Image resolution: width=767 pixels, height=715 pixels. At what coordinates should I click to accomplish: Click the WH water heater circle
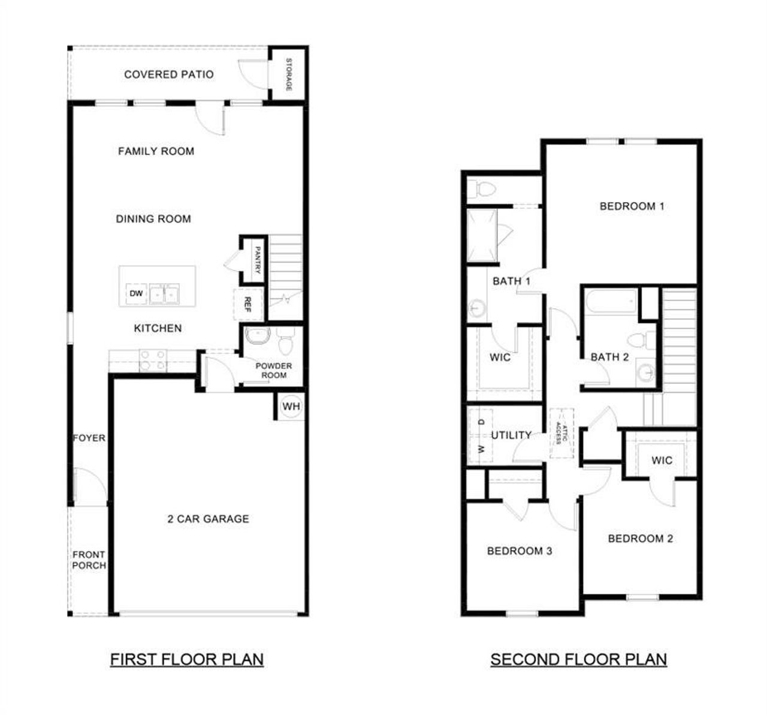point(291,407)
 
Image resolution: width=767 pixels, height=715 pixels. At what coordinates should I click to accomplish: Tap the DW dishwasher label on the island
point(136,293)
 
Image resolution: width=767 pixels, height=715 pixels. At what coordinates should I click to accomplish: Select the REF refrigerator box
point(247,304)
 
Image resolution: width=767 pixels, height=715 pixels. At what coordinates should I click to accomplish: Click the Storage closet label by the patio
point(288,74)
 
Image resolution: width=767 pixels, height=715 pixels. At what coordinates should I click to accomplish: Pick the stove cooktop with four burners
point(153,360)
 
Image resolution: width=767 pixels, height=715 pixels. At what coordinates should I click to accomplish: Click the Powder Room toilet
point(285,341)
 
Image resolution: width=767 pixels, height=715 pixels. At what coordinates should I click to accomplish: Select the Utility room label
point(511,435)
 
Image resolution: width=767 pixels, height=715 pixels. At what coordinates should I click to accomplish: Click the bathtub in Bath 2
point(611,302)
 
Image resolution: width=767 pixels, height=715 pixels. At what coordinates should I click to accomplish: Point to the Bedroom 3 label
point(519,551)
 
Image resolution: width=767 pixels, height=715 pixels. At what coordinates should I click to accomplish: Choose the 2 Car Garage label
point(208,519)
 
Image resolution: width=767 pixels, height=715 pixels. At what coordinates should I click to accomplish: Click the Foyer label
point(89,438)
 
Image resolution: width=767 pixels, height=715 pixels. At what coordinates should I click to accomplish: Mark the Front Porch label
point(89,560)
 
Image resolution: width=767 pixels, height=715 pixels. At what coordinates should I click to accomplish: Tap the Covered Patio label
point(168,74)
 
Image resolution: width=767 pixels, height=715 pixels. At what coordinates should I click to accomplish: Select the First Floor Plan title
point(186,659)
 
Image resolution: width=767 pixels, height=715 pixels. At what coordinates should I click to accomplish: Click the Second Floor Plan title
point(578,659)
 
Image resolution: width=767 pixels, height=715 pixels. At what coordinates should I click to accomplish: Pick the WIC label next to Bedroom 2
point(662,461)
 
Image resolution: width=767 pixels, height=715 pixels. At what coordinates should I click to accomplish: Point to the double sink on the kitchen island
point(164,294)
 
